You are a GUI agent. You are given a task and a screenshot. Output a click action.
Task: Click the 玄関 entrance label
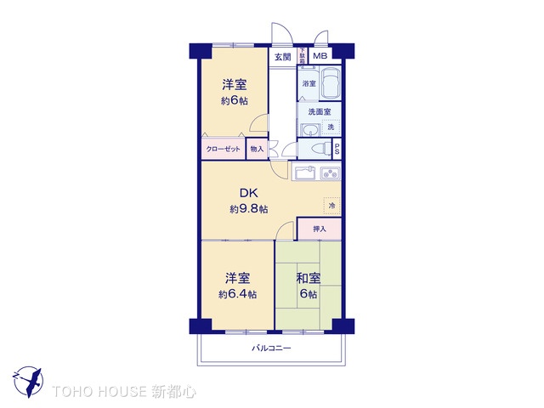click(x=282, y=58)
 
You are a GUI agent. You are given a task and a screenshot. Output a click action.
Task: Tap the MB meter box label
click(x=320, y=57)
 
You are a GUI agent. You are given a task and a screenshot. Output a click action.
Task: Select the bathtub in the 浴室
click(x=330, y=84)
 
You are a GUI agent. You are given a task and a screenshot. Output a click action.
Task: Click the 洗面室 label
click(x=319, y=112)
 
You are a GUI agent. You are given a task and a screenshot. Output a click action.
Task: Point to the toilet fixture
click(x=321, y=148)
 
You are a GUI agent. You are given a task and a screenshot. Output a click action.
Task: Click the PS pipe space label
click(x=337, y=149)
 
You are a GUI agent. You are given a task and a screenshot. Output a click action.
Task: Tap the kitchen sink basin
click(x=305, y=173)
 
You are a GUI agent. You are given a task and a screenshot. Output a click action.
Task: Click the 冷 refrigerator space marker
click(x=331, y=207)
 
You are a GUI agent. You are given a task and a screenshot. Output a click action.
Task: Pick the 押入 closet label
click(x=320, y=229)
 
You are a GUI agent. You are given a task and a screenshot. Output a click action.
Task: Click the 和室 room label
click(x=308, y=278)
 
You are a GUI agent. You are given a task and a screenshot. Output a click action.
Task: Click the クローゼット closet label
click(x=224, y=149)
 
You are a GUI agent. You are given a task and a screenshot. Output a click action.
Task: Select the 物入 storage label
click(x=257, y=149)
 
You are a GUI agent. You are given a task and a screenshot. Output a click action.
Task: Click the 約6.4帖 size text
click(x=237, y=295)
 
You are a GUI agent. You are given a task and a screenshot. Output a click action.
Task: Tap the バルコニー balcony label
click(x=271, y=348)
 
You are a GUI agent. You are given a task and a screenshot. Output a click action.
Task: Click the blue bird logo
click(x=27, y=379)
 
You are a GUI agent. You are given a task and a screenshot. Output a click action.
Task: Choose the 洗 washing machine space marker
click(x=331, y=127)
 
